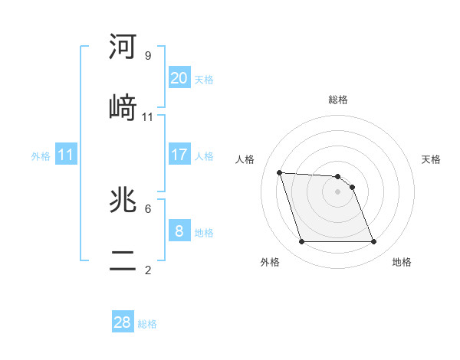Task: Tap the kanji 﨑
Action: [x=123, y=106]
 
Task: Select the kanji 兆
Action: [x=123, y=200]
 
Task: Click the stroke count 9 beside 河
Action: [x=148, y=56]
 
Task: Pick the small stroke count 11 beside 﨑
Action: [x=148, y=117]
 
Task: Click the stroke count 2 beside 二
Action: [x=148, y=270]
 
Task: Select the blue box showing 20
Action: [x=179, y=77]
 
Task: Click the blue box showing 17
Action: [x=179, y=155]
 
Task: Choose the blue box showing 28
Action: [x=123, y=322]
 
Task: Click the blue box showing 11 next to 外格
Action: [x=66, y=155]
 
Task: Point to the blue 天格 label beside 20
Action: [x=204, y=79]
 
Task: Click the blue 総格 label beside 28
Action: [x=147, y=324]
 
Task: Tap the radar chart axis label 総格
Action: [x=338, y=100]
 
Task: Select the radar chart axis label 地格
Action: [x=402, y=263]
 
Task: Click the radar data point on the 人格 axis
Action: [x=280, y=172]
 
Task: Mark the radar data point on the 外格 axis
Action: [x=301, y=242]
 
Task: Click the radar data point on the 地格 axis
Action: [x=373, y=242]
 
